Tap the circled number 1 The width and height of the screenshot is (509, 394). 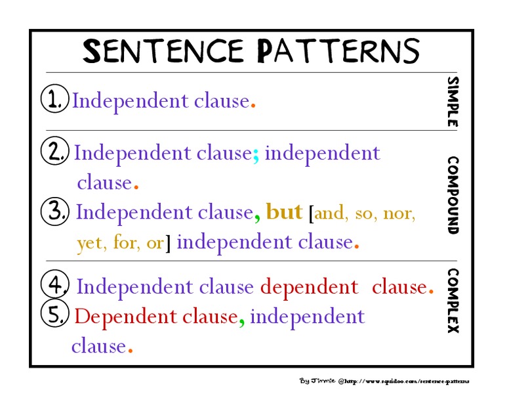click(x=54, y=100)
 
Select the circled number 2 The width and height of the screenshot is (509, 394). click(x=54, y=152)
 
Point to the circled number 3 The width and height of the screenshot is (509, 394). click(x=55, y=211)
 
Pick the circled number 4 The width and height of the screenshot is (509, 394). click(x=55, y=286)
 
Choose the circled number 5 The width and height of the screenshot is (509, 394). click(x=55, y=315)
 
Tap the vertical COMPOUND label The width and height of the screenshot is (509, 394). click(x=453, y=195)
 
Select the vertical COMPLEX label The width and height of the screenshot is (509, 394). click(x=453, y=300)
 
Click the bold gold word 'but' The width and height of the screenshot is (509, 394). click(x=285, y=212)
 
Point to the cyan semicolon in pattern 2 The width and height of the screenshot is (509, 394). click(x=256, y=154)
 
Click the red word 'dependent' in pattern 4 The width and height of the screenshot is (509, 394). click(x=309, y=286)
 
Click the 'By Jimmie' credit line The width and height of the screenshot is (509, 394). click(x=384, y=381)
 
